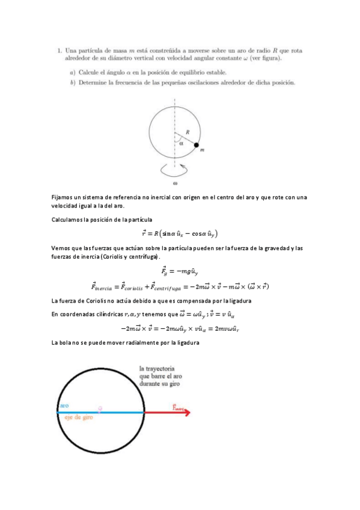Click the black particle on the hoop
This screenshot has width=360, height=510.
tap(197, 145)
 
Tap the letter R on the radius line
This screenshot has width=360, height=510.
tap(188, 131)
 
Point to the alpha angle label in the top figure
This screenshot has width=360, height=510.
tap(180, 143)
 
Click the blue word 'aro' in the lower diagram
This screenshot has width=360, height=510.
tap(64, 407)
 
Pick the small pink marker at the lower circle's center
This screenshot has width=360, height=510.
tap(100, 409)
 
